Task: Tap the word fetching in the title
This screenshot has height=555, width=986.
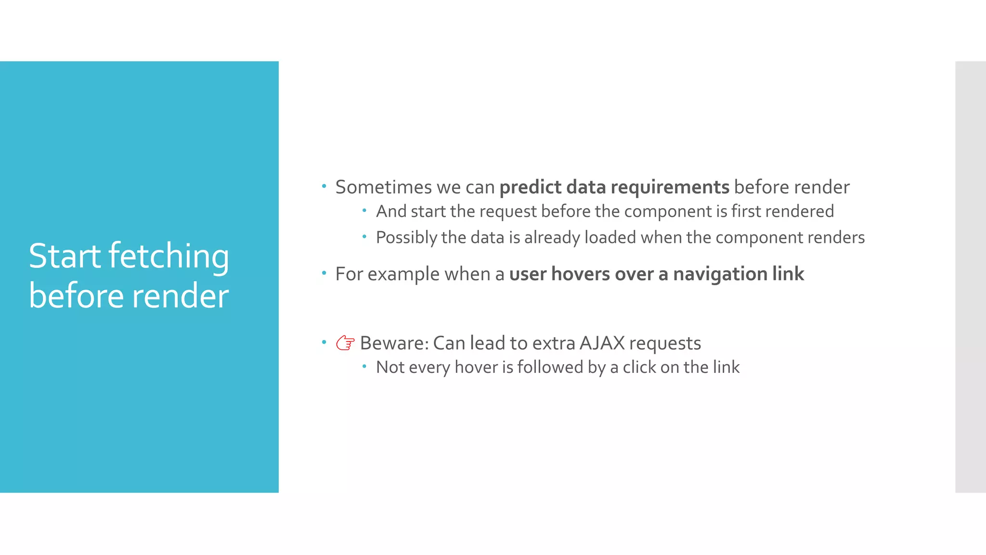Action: (x=169, y=257)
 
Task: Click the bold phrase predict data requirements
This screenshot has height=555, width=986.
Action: (x=614, y=187)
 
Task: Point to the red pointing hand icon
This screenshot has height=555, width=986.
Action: (x=345, y=343)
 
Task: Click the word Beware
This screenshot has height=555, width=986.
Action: (x=394, y=343)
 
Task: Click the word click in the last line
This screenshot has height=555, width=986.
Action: (x=639, y=368)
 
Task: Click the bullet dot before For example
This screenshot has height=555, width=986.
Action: (x=324, y=274)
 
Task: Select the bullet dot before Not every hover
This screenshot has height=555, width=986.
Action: (x=364, y=367)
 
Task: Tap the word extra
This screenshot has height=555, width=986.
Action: (x=554, y=343)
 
